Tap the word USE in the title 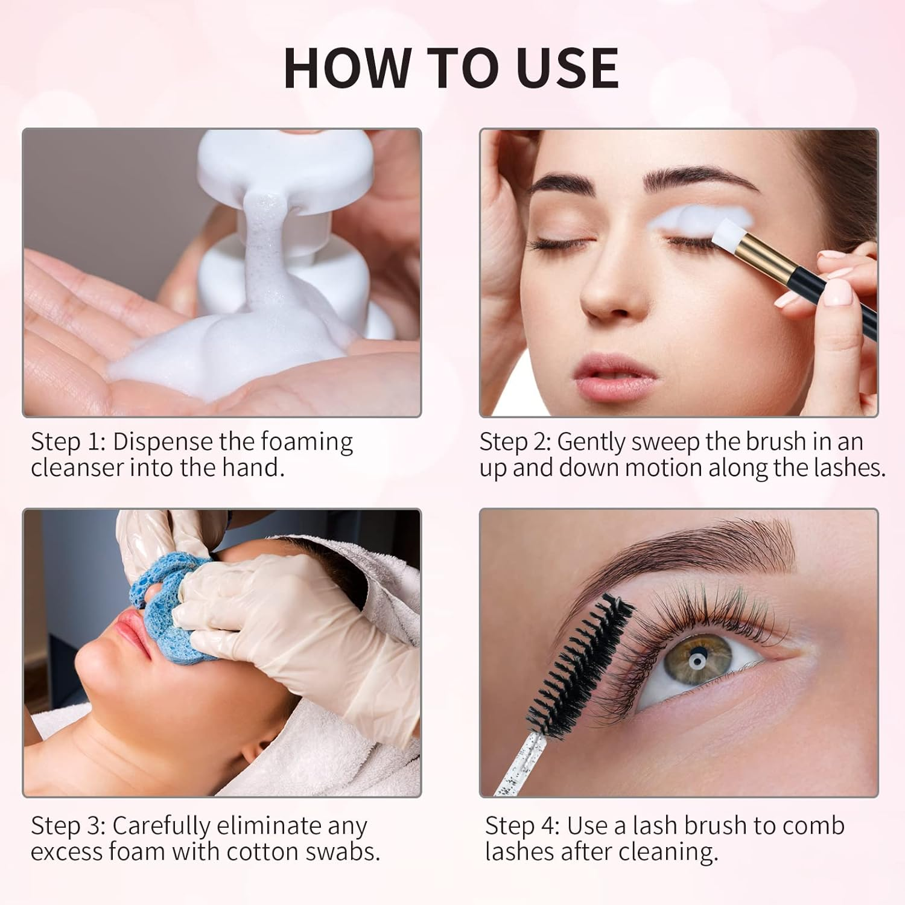568,68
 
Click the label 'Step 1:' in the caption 68,442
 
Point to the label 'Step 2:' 515,442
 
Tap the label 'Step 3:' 68,826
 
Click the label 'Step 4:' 522,826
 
